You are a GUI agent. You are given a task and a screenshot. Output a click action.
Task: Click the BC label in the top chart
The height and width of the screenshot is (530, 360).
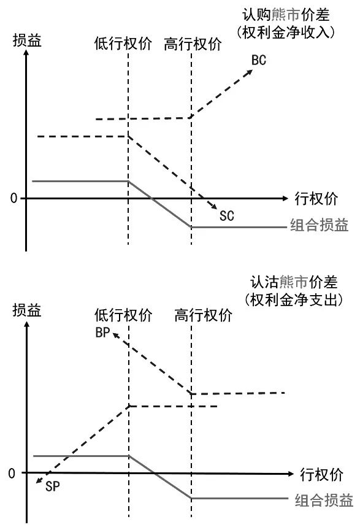259,60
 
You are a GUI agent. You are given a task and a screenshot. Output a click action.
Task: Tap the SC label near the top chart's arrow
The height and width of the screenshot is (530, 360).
226,216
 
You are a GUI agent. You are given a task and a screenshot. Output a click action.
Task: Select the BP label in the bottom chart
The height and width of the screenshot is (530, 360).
102,332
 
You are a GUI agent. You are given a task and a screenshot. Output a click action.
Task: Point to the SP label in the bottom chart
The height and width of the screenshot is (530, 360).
52,486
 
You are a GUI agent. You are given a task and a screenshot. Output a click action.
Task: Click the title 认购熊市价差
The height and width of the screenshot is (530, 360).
286,15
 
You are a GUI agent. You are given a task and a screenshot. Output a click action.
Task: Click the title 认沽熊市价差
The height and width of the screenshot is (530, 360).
294,282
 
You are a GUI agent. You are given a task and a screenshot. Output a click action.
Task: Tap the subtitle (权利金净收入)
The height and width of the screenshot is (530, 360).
286,32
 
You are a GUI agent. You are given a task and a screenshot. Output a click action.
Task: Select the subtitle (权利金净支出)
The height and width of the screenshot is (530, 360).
294,299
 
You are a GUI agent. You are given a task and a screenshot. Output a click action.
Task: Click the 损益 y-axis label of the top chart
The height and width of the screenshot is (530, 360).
27,40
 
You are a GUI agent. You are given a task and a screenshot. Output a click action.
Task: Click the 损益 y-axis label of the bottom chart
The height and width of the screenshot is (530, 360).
27,310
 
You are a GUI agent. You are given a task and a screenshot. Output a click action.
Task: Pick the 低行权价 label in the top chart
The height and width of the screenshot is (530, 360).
123,44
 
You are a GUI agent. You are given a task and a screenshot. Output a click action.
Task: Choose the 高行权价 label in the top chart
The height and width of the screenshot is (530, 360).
193,44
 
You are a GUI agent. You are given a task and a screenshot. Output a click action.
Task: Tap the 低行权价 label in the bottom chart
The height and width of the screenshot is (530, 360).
123,315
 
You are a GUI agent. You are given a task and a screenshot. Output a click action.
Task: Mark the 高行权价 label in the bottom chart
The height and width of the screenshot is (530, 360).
203,315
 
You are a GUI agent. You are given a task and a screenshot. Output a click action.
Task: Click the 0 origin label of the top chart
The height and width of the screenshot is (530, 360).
13,198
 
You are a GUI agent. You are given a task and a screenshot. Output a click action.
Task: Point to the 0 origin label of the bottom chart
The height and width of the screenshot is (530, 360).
12,474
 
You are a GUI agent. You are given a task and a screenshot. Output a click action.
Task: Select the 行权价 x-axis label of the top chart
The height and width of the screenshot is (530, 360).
316,198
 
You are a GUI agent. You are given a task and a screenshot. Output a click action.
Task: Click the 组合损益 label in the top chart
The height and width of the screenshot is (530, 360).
319,225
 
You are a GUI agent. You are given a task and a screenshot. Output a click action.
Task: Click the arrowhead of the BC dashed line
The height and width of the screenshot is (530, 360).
250,72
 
